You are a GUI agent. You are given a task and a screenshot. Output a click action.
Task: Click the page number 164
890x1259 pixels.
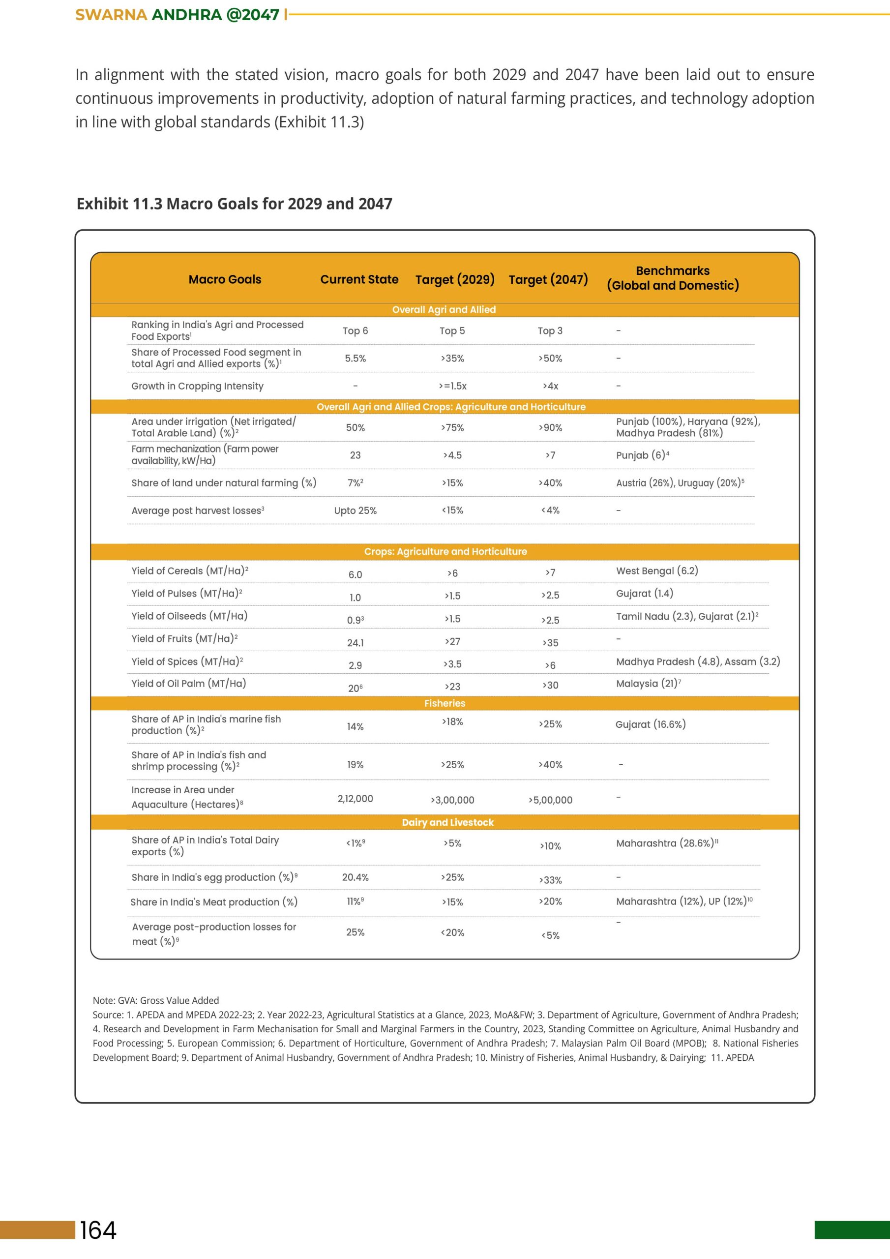pyautogui.click(x=98, y=1230)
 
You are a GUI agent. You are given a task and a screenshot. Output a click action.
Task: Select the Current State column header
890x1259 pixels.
pyautogui.click(x=359, y=280)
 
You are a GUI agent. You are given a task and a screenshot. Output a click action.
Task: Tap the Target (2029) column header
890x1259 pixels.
pyautogui.click(x=455, y=280)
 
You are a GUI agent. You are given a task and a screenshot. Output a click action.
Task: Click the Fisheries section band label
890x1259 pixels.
pyautogui.click(x=445, y=704)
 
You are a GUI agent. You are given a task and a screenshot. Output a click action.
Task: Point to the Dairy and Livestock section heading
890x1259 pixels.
pyautogui.click(x=447, y=822)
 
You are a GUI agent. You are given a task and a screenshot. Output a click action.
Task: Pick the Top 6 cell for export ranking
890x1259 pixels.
pyautogui.click(x=356, y=330)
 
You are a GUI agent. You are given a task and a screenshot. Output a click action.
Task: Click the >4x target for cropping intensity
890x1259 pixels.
pyautogui.click(x=551, y=386)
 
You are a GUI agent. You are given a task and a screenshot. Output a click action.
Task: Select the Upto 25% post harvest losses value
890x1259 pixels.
pyautogui.click(x=356, y=510)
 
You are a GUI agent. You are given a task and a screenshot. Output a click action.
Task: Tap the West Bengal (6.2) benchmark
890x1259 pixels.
pyautogui.click(x=657, y=571)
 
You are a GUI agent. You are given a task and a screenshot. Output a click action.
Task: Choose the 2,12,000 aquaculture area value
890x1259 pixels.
pyautogui.click(x=356, y=799)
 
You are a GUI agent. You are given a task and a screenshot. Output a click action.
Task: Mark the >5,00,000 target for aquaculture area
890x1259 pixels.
pyautogui.click(x=550, y=800)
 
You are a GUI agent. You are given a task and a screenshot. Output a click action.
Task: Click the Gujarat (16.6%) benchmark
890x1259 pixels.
pyautogui.click(x=651, y=724)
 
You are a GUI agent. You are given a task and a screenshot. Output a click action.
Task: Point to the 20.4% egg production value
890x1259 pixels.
pyautogui.click(x=356, y=877)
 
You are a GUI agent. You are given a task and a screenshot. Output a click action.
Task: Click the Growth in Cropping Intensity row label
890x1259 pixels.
pyautogui.click(x=197, y=386)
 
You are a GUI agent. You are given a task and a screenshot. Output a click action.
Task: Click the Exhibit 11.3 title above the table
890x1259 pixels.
pyautogui.click(x=234, y=204)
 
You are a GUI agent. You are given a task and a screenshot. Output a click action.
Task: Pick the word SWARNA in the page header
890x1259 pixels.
pyautogui.click(x=111, y=15)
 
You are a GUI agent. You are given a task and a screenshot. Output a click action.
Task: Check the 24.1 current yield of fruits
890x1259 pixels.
pyautogui.click(x=356, y=643)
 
